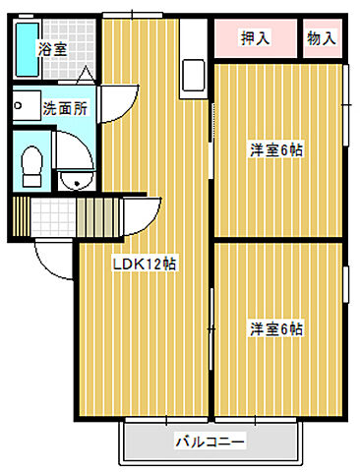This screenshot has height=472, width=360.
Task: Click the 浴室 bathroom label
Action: [51, 47]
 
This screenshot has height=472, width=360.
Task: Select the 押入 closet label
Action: [256, 39]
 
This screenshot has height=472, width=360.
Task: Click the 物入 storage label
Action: [322, 39]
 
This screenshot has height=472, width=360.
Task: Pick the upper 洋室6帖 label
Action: [275, 149]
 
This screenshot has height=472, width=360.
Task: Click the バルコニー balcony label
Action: [210, 442]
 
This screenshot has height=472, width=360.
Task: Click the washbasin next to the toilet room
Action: [71, 179]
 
